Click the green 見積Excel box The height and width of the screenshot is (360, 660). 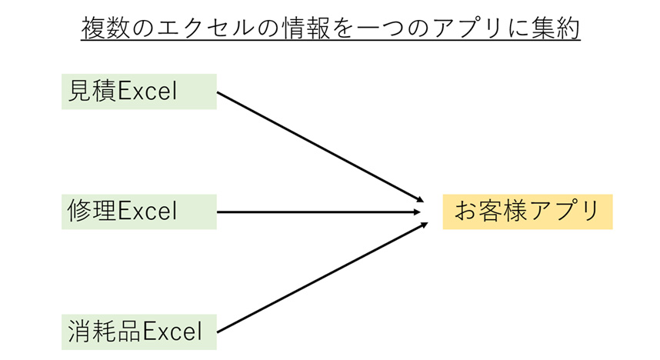139,92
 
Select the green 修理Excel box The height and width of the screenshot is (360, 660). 139,212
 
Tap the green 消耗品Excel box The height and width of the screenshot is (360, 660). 139,332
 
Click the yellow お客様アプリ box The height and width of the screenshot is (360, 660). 528,212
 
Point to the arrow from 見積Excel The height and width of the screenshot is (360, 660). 320,147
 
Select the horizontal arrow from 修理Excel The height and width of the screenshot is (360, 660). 318,212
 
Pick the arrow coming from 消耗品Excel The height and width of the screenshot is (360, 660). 322,278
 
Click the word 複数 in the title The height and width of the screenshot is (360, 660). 105,28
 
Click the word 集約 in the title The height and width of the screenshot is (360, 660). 555,28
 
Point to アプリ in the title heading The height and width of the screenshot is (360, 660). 467,28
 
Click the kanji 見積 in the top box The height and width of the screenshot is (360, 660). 92,91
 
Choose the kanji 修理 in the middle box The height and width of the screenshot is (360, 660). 92,211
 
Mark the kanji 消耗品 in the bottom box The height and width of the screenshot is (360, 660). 105,331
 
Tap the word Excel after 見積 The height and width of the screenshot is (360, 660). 148,92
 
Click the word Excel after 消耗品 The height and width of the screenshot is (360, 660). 172,332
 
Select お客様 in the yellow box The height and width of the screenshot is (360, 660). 491,211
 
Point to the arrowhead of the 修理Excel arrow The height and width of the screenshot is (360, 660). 417,212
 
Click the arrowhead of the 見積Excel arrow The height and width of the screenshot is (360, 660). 420,199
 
